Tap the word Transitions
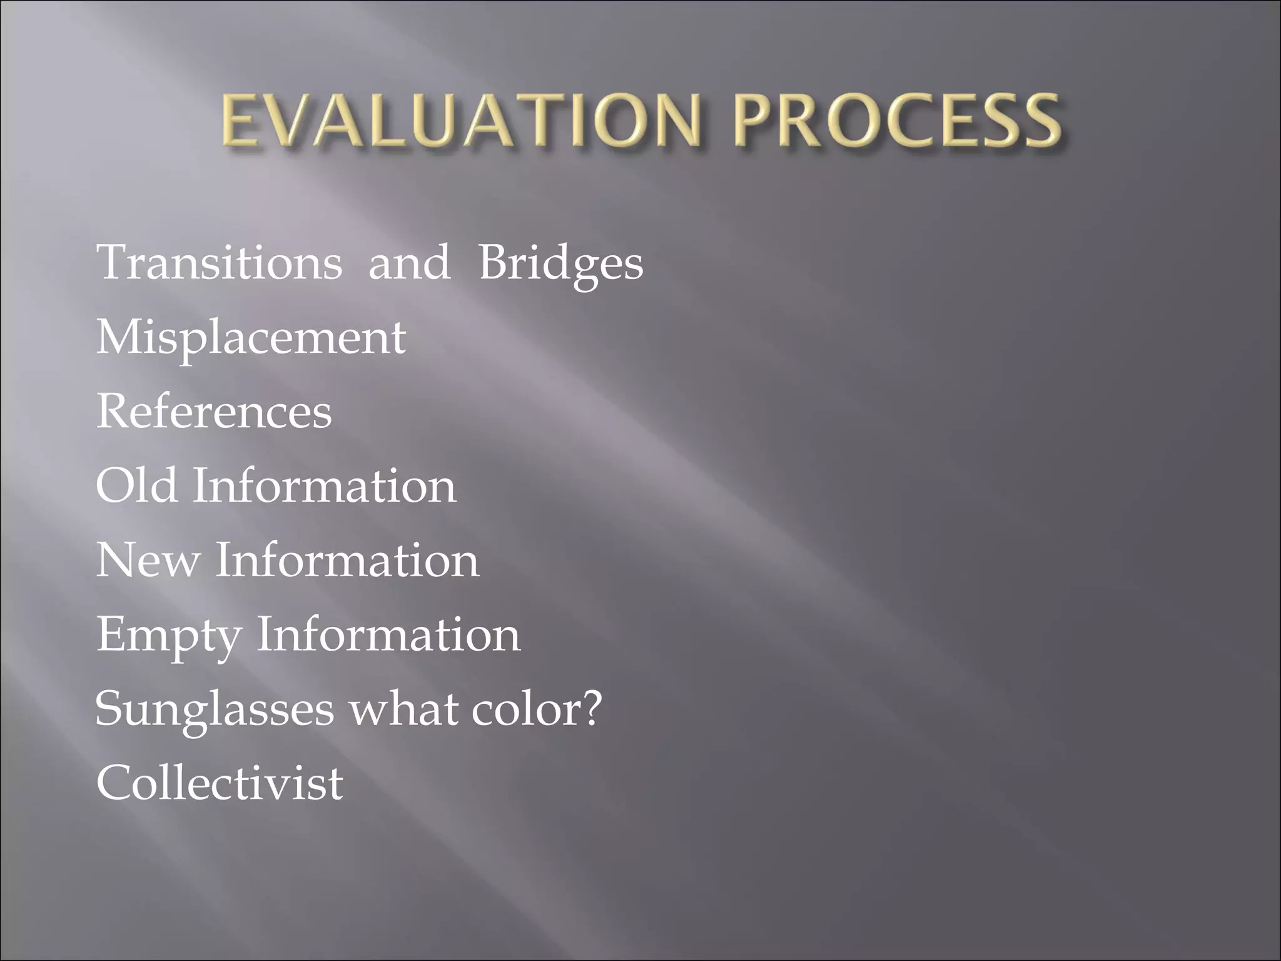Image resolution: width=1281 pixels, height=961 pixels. (x=220, y=263)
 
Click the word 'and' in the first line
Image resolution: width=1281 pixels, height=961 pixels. (x=409, y=263)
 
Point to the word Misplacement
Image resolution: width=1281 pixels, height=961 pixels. (x=251, y=338)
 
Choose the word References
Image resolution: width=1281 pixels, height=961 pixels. (x=214, y=412)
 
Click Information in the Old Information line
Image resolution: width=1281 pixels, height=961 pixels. (x=324, y=486)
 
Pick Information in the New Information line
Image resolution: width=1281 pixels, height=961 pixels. (x=347, y=560)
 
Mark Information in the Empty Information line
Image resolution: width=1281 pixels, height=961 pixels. (x=388, y=634)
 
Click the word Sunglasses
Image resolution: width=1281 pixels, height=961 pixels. (x=215, y=709)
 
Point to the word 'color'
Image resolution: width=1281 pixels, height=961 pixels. (x=522, y=709)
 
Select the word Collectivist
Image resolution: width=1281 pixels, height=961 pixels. (x=220, y=783)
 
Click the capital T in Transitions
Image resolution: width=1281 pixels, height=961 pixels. (x=112, y=263)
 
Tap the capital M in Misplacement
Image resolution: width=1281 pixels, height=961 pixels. (x=118, y=338)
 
